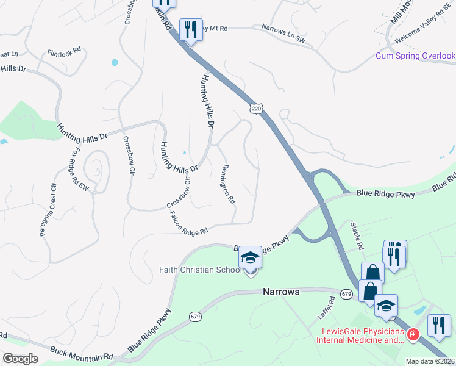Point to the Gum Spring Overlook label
tap(415, 56)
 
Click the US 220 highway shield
tap(257, 108)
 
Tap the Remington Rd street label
tap(229, 184)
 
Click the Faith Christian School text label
tap(199, 270)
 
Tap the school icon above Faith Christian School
tap(250, 259)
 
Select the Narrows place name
tap(281, 292)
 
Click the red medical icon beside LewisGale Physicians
tap(413, 335)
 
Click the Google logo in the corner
tap(20, 359)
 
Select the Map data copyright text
tap(430, 361)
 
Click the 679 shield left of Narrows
tap(195, 317)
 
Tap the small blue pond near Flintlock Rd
tap(114, 62)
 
